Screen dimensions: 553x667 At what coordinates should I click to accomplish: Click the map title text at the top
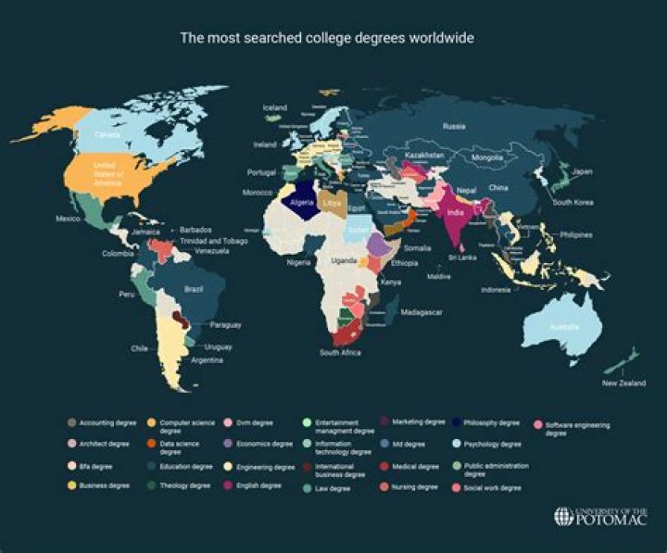click(333, 38)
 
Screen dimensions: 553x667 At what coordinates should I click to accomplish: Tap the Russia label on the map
click(454, 126)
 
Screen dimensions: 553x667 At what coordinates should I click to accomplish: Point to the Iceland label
click(275, 107)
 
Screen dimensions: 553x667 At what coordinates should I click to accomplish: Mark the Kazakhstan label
click(425, 154)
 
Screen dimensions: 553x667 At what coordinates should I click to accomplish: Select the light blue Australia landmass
click(560, 329)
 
